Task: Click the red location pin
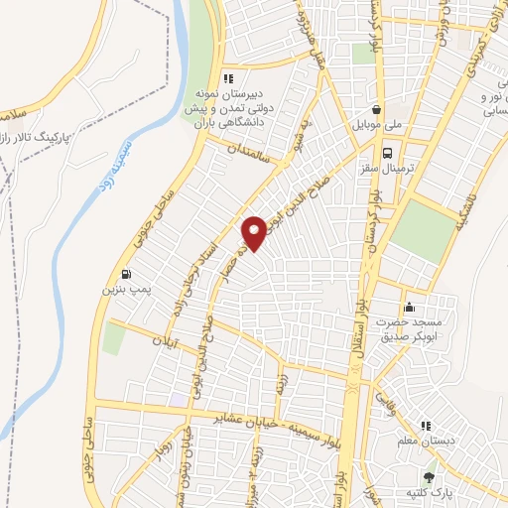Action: (255, 231)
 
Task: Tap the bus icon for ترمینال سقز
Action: (387, 154)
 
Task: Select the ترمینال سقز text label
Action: (393, 170)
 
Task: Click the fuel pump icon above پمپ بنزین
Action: (125, 275)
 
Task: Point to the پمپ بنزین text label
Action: (123, 292)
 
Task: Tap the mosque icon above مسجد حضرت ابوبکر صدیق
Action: (409, 308)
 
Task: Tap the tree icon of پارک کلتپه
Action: (430, 475)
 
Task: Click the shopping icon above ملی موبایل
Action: (376, 110)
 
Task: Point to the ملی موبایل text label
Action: (377, 127)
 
